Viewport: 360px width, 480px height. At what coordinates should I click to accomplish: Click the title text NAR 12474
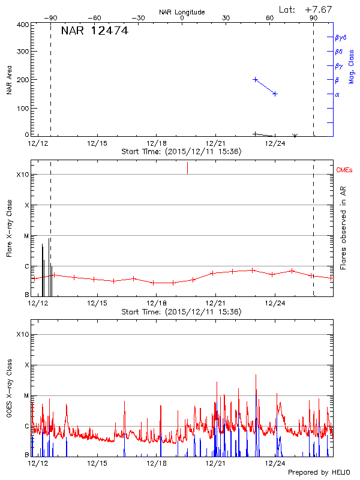(94, 31)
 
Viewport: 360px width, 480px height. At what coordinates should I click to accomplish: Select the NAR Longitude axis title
(182, 12)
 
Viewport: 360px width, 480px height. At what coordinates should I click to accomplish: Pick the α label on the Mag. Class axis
(337, 94)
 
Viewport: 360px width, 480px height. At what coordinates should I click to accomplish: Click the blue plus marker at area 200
(256, 79)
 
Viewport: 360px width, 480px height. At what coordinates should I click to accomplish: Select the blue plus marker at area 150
(275, 94)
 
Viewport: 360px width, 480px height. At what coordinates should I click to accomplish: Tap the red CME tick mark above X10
(187, 167)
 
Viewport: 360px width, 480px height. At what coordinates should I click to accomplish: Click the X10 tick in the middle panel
(23, 175)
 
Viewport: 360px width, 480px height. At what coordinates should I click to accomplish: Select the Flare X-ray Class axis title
(10, 229)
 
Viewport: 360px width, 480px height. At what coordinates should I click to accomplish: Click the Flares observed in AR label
(344, 227)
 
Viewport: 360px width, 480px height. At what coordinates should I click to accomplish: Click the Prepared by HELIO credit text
(319, 472)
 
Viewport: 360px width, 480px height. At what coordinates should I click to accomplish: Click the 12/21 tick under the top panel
(215, 143)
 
